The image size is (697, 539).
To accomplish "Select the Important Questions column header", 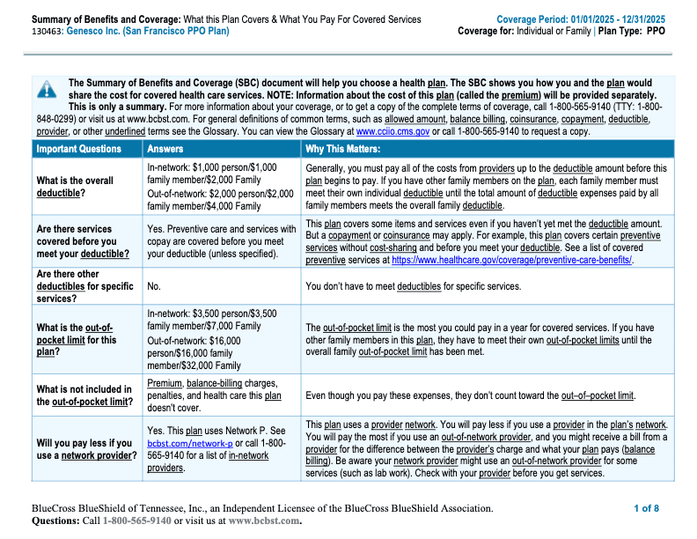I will (78, 149).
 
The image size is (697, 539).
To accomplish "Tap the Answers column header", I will (165, 149).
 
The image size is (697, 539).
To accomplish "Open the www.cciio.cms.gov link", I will (392, 131).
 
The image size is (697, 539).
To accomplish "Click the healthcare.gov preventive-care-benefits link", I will (512, 261).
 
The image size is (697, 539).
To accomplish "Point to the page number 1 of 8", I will (646, 508).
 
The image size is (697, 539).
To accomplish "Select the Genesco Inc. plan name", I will (130, 31).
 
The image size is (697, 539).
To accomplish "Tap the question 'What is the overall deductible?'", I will (75, 187).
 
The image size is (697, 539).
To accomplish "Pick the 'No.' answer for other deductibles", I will (154, 286).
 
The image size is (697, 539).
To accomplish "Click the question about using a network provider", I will (86, 449).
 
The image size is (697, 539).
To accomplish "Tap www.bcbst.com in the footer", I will (263, 521).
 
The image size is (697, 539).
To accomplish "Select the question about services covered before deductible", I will (83, 241).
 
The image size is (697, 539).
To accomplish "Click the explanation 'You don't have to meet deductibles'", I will (413, 286).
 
